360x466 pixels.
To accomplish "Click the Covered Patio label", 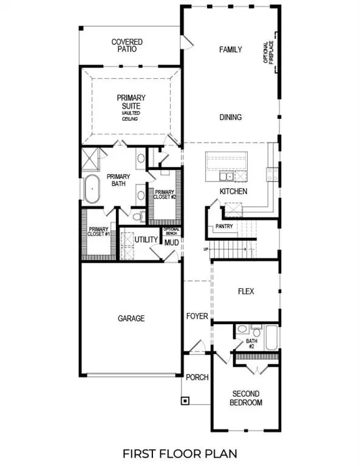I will (127, 46).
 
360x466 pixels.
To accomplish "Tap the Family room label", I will (231, 50).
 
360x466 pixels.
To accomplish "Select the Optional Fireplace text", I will (268, 55).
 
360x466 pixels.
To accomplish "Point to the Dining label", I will (231, 117).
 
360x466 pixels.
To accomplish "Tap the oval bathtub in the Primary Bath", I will (93, 189).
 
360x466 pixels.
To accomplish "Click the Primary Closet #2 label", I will (164, 195).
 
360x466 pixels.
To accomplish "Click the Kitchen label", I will (234, 192).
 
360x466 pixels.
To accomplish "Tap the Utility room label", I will (146, 240).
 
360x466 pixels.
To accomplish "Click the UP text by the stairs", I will (206, 249).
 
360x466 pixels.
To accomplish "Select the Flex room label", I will (245, 291).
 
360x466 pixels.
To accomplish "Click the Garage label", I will (131, 318).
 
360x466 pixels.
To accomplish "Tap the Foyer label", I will (197, 316).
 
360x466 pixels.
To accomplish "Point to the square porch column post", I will (185, 400).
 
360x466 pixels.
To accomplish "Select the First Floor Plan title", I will (180, 453).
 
